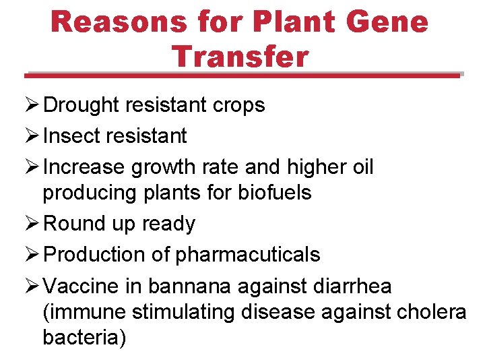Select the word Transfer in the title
click(x=240, y=56)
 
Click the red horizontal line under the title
click(x=243, y=75)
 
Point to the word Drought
click(x=83, y=105)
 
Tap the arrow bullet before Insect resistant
click(x=33, y=135)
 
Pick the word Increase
click(x=84, y=166)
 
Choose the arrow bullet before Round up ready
click(x=33, y=224)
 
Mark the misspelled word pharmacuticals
click(x=248, y=255)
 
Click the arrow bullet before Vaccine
click(x=33, y=286)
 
